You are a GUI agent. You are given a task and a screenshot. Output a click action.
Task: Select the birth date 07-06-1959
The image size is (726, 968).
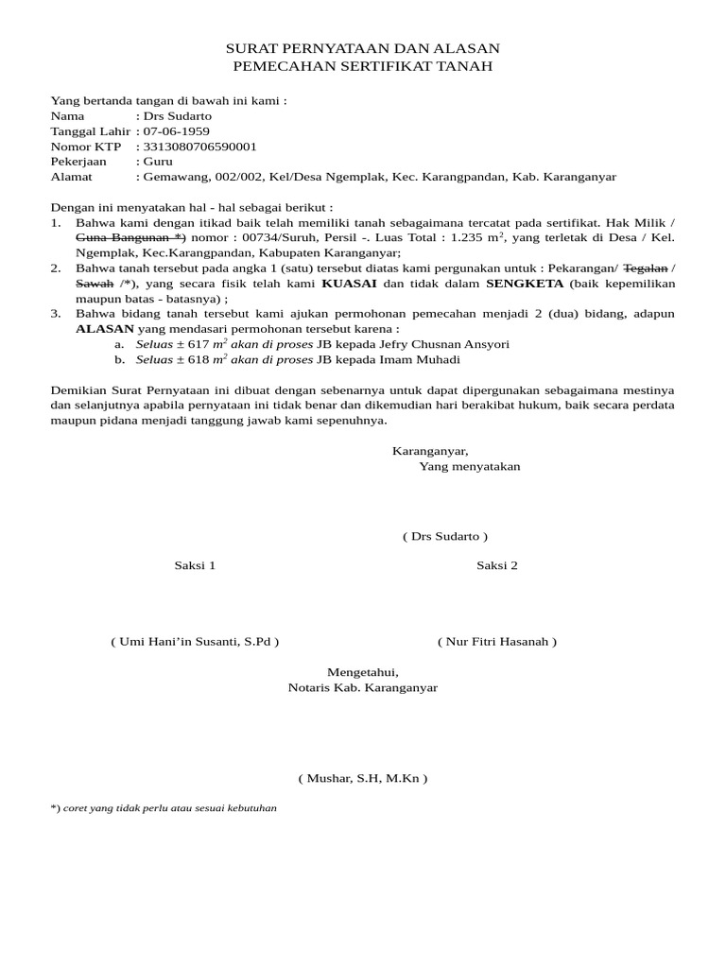176,131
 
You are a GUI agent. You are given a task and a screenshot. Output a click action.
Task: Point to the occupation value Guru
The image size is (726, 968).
157,162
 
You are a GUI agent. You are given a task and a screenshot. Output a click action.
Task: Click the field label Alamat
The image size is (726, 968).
70,177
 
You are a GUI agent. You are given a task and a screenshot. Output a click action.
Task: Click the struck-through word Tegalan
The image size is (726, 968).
646,268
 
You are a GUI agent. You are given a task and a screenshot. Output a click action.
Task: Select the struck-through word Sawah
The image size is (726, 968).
95,284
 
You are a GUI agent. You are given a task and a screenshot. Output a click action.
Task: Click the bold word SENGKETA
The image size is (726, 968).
525,284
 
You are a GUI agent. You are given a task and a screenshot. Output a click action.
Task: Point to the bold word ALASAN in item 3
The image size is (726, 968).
105,329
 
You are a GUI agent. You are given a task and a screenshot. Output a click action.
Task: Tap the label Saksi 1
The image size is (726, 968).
195,565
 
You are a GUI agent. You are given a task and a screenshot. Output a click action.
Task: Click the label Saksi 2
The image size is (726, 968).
497,565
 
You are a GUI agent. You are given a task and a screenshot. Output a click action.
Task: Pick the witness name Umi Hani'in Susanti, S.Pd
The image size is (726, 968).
195,642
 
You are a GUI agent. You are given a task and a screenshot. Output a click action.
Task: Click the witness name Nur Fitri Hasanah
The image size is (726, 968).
497,642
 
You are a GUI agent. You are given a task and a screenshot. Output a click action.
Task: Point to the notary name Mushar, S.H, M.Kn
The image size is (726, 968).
363,779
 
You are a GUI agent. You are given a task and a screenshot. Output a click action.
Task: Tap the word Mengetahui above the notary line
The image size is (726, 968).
363,672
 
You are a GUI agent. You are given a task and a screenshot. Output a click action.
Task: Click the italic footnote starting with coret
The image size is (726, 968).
169,809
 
